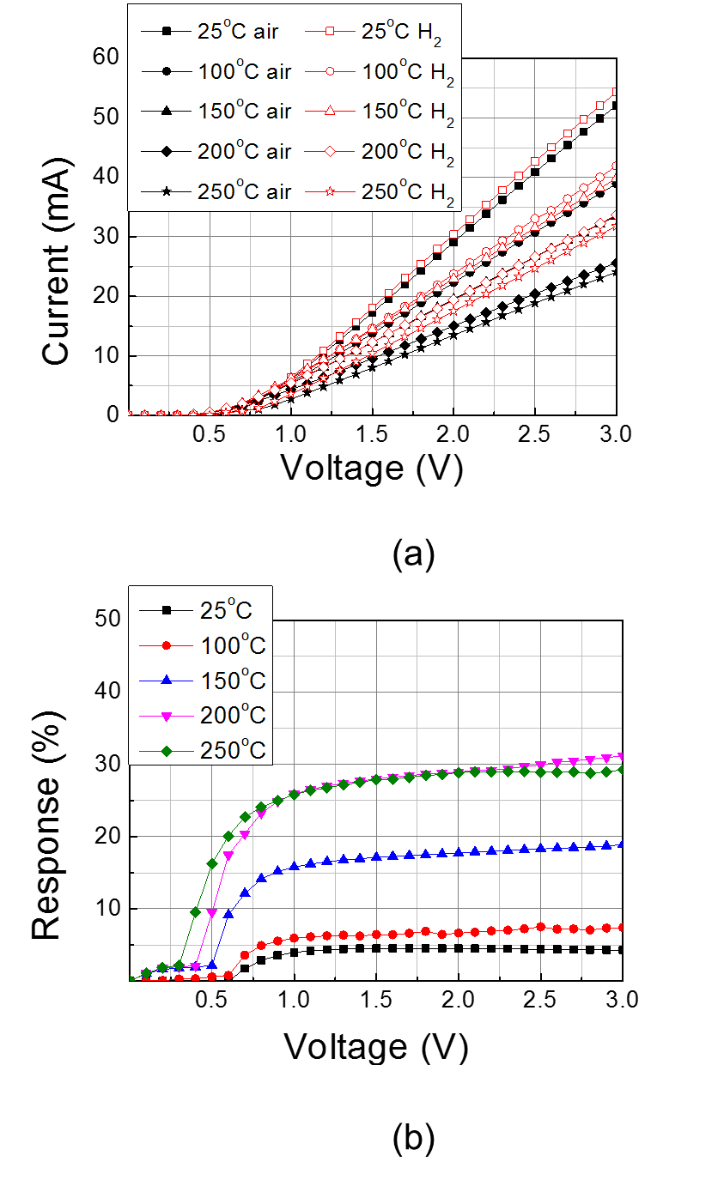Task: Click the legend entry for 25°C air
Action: coord(245,32)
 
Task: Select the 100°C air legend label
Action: coord(245,72)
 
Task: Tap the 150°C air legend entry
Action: coord(245,112)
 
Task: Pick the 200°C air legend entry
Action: coord(245,152)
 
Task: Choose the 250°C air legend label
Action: coord(245,192)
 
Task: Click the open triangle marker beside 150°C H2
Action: coord(330,112)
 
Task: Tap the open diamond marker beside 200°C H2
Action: coord(330,152)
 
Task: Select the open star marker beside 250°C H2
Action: coord(330,192)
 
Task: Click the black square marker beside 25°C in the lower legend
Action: coord(167,610)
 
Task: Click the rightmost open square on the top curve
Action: coord(616,91)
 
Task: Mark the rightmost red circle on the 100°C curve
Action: coord(621,928)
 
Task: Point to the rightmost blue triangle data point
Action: coord(621,844)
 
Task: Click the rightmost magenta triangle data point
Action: coord(621,757)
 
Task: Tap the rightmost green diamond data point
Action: coord(621,769)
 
